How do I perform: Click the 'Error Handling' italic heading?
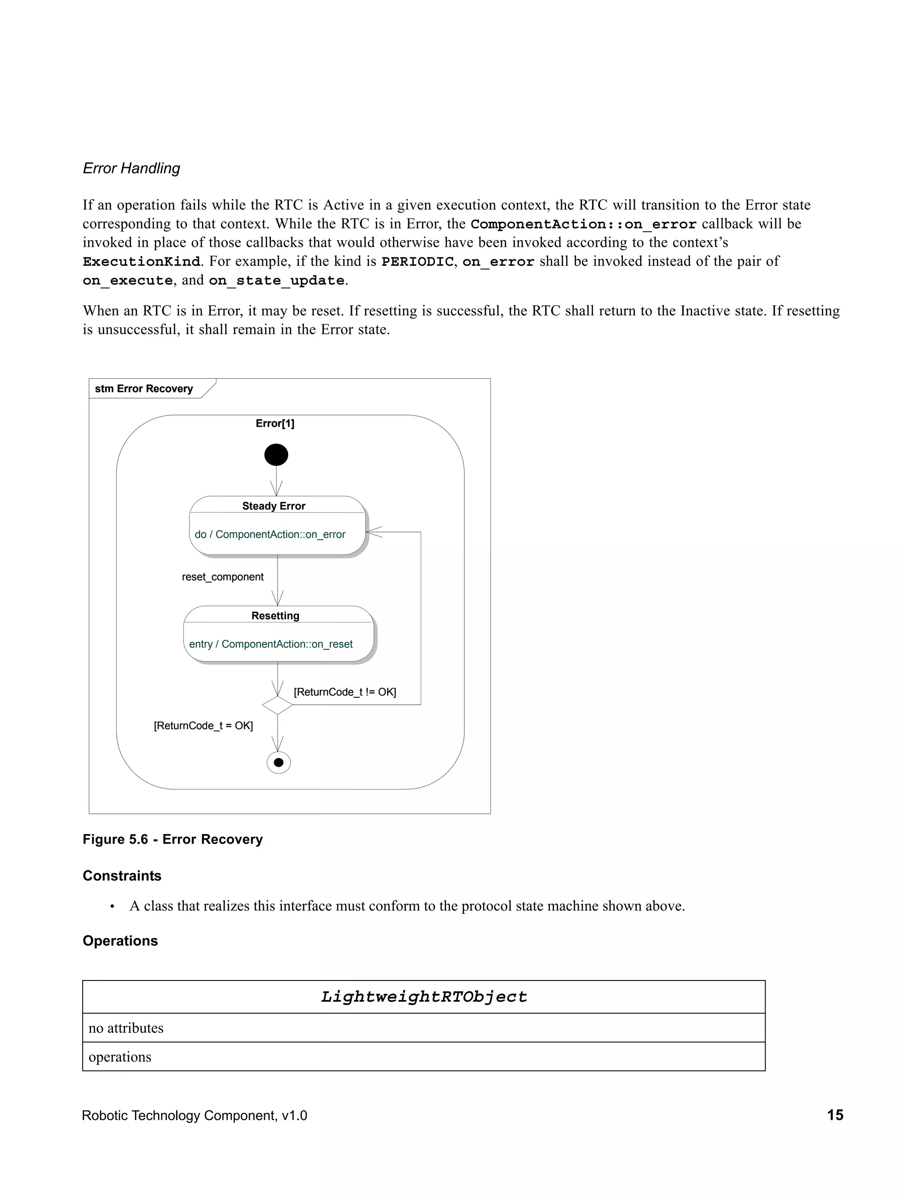(131, 168)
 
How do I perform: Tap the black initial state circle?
(276, 454)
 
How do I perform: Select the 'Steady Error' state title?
(274, 506)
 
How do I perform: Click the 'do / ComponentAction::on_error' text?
(270, 534)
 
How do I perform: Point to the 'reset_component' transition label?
(223, 577)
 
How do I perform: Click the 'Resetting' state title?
(275, 616)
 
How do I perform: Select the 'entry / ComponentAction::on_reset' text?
(271, 644)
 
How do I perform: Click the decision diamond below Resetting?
(278, 705)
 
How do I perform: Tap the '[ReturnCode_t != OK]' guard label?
(345, 692)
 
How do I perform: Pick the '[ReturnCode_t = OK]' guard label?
(203, 726)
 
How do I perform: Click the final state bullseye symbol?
(278, 762)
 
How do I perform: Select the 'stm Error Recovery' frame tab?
(144, 388)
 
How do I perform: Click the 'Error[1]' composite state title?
(275, 423)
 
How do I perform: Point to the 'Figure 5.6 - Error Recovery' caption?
(172, 839)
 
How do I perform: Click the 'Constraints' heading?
(122, 875)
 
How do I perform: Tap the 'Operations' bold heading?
(120, 941)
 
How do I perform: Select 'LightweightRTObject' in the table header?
(424, 997)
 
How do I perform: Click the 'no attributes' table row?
(126, 1028)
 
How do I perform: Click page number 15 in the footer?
(835, 1115)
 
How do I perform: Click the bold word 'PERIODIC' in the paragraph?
(417, 262)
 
